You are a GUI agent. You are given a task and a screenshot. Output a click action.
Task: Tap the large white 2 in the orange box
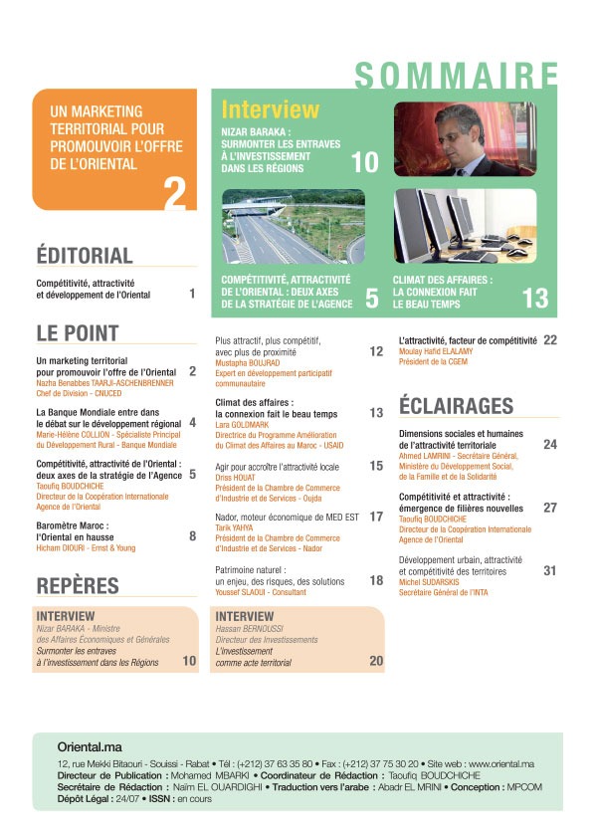(175, 193)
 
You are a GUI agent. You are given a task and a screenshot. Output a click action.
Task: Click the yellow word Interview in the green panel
(271, 109)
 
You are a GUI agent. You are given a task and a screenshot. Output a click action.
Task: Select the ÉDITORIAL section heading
(85, 255)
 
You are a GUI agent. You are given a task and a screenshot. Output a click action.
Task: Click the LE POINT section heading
(78, 332)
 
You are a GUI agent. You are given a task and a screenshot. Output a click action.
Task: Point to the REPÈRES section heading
(78, 585)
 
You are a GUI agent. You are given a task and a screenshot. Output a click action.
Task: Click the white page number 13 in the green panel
(534, 298)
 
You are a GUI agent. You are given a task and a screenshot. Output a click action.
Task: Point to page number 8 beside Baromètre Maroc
(192, 536)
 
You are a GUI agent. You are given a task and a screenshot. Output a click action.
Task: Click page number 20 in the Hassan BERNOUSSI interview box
(376, 661)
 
